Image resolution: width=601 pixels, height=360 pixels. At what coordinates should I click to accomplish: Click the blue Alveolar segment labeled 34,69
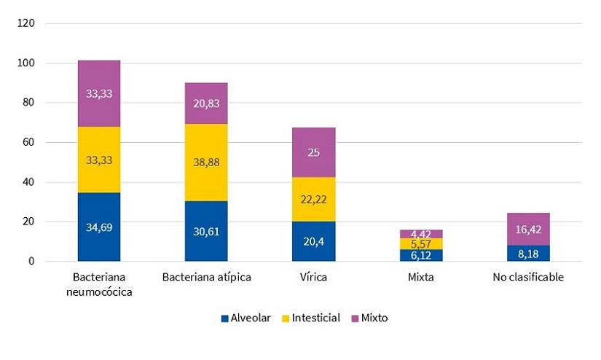[x=99, y=226]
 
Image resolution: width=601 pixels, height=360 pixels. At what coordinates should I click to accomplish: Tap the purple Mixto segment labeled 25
[x=314, y=152]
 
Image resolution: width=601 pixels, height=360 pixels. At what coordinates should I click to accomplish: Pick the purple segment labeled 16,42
[x=528, y=229]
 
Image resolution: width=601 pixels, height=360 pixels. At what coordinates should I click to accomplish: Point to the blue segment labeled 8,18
[x=528, y=253]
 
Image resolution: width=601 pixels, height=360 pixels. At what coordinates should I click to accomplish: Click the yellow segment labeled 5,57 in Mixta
[x=421, y=243]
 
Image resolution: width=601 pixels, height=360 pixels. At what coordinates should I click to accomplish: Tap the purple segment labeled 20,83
[x=206, y=103]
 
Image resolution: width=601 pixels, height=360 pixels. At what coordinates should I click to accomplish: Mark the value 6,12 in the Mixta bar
[x=421, y=254]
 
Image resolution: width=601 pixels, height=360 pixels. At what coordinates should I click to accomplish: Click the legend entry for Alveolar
[x=245, y=318]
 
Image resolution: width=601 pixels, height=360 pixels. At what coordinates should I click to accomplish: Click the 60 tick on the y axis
[x=28, y=142]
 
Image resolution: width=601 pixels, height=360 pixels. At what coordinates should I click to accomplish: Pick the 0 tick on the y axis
[x=31, y=261]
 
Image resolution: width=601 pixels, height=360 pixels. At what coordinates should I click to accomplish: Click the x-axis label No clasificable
[x=528, y=278]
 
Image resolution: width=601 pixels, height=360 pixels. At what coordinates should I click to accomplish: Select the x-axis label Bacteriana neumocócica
[x=99, y=284]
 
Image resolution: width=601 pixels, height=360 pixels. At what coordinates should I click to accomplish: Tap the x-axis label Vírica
[x=314, y=278]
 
